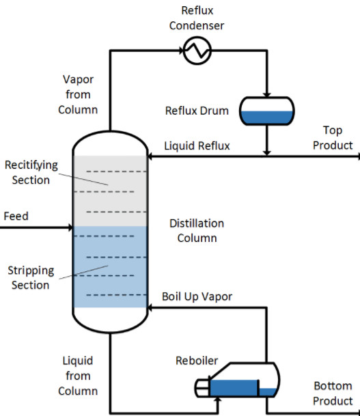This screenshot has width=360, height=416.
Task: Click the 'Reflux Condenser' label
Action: [197, 18]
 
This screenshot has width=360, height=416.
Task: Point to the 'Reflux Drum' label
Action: [197, 111]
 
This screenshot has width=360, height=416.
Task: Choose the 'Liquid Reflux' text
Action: [197, 146]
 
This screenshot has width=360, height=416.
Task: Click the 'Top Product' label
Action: [333, 138]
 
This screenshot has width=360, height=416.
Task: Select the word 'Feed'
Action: [16, 216]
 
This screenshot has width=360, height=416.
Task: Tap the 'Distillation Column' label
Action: [197, 231]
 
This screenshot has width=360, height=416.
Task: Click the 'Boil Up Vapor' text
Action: [197, 296]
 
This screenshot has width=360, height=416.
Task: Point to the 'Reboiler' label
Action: [197, 361]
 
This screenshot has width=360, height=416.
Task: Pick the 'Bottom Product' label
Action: [333, 393]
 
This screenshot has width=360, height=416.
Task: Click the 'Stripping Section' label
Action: [31, 277]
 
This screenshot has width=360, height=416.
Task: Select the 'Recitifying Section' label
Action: [31, 172]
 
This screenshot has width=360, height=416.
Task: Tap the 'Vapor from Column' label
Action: [78, 94]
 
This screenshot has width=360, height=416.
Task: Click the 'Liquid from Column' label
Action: [78, 376]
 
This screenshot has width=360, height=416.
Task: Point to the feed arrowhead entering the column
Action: [70, 227]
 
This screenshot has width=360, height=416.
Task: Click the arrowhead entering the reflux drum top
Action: [267, 95]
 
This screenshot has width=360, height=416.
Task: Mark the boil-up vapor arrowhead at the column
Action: [150, 308]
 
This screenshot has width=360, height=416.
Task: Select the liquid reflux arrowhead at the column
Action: [150, 156]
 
